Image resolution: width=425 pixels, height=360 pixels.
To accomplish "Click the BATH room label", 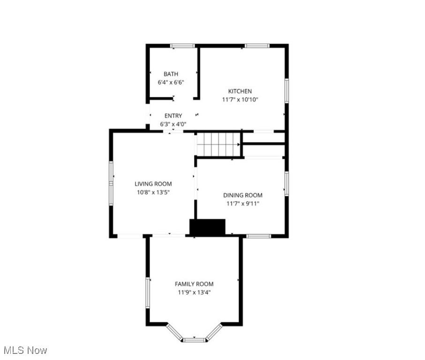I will (x=171, y=74).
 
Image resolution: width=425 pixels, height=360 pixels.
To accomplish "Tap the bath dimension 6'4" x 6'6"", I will (x=171, y=82).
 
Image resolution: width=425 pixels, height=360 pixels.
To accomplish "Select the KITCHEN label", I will (x=240, y=91).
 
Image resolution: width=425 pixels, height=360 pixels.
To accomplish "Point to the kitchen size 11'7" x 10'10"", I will (x=240, y=100).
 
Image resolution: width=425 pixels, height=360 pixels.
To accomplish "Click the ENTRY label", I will (x=173, y=116).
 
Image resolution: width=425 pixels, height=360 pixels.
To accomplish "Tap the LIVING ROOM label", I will (x=153, y=184).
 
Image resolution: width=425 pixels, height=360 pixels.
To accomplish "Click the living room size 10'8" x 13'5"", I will (x=153, y=193).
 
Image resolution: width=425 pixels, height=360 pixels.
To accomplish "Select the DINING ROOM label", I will (x=243, y=195).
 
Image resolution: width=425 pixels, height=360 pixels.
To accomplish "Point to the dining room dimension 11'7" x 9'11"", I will (x=243, y=204).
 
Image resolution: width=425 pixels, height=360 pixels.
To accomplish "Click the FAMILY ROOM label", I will (x=194, y=284).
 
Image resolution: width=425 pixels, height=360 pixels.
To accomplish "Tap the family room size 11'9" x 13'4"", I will (x=194, y=292).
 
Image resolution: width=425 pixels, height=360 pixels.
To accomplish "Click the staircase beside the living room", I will (x=218, y=144).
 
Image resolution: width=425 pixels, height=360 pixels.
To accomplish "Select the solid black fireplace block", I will (x=207, y=227).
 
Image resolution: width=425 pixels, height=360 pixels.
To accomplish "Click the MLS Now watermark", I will (x=25, y=350).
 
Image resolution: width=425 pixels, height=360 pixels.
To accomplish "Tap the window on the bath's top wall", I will (x=182, y=46).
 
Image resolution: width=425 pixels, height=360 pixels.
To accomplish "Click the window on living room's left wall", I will (x=111, y=183).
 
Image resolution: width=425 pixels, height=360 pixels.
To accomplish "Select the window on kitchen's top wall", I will (x=257, y=46).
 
